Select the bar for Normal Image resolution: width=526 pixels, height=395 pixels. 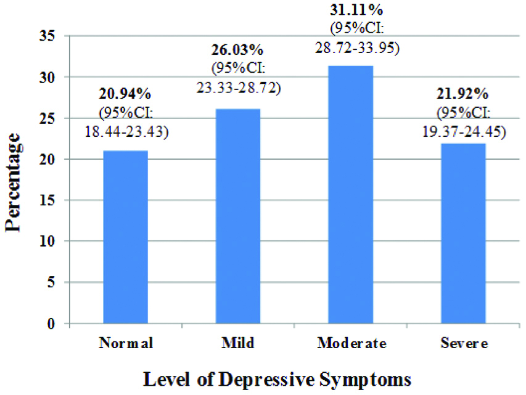[x=125, y=237]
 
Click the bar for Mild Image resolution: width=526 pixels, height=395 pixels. [x=238, y=216]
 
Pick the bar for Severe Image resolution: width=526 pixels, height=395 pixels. [x=463, y=234]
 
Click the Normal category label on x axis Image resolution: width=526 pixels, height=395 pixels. [x=125, y=343]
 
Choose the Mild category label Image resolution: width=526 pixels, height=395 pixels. [x=238, y=343]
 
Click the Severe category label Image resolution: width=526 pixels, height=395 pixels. [x=464, y=343]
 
